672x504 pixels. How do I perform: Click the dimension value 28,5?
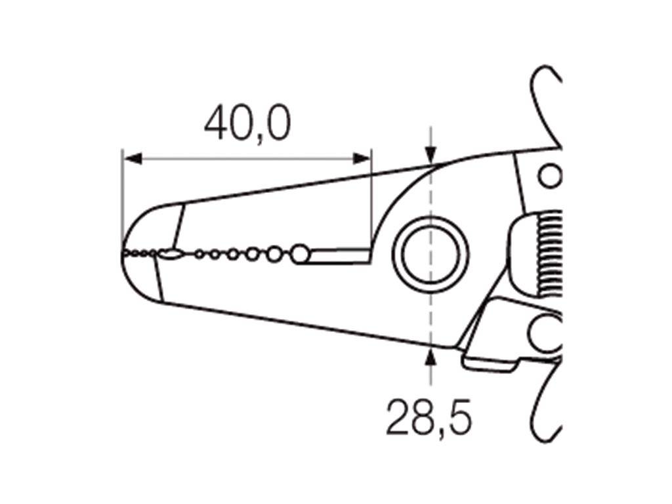coord(429,417)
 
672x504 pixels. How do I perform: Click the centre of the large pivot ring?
coord(430,254)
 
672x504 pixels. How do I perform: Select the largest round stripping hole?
coord(300,253)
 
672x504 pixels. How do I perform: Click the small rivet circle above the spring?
coord(550,176)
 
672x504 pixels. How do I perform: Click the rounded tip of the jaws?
coord(126,252)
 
